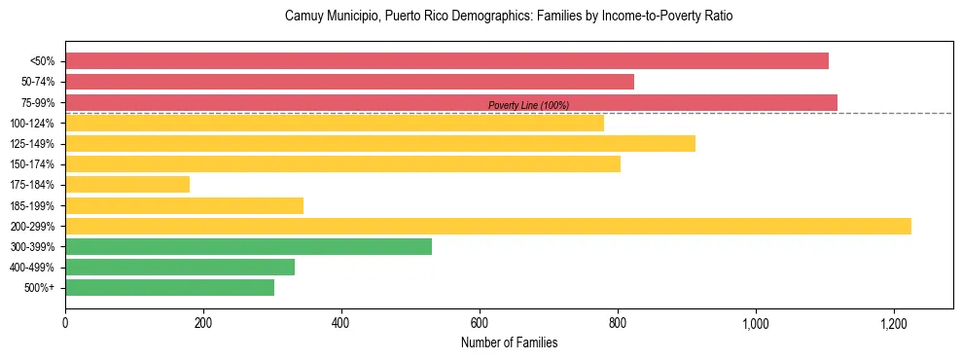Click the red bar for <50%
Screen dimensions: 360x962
point(446,61)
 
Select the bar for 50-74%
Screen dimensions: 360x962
point(349,82)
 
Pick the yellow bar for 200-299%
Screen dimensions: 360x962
point(487,226)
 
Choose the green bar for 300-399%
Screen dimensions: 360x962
point(248,247)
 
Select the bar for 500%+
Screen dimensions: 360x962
point(169,288)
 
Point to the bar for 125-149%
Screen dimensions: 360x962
point(379,144)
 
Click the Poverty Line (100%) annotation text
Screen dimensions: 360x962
point(528,105)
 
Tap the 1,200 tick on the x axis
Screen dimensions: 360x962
point(893,323)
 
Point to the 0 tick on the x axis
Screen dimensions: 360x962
point(65,323)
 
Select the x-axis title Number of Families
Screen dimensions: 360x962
point(509,342)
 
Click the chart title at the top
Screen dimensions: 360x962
point(509,17)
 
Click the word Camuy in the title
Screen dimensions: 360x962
point(301,17)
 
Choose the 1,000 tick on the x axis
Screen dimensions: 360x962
point(755,323)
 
